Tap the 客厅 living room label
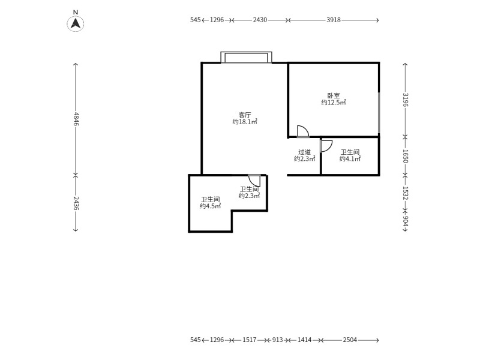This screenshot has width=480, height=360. [x=245, y=115]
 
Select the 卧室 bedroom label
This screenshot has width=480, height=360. [x=334, y=95]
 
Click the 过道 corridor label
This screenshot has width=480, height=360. [x=304, y=152]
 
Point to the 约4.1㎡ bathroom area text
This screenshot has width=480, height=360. [x=350, y=158]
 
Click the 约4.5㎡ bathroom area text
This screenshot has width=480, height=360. [x=211, y=206]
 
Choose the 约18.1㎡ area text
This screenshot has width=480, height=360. [x=245, y=122]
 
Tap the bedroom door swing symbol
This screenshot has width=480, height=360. [x=303, y=131]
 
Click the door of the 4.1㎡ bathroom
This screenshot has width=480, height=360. [x=326, y=146]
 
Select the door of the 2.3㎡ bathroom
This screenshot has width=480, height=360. [x=254, y=181]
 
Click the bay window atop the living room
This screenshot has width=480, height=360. [x=247, y=57]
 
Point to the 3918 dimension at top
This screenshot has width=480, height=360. [x=334, y=20]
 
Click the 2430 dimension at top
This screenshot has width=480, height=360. [x=260, y=20]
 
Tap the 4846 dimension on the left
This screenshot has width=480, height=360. [x=76, y=119]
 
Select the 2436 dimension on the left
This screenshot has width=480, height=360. [x=76, y=203]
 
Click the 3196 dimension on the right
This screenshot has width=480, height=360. [x=406, y=100]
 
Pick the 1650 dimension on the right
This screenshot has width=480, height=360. [x=406, y=156]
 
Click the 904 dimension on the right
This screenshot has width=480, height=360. [x=406, y=221]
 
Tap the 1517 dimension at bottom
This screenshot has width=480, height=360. [x=250, y=340]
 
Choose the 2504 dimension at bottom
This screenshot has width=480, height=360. [x=350, y=340]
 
